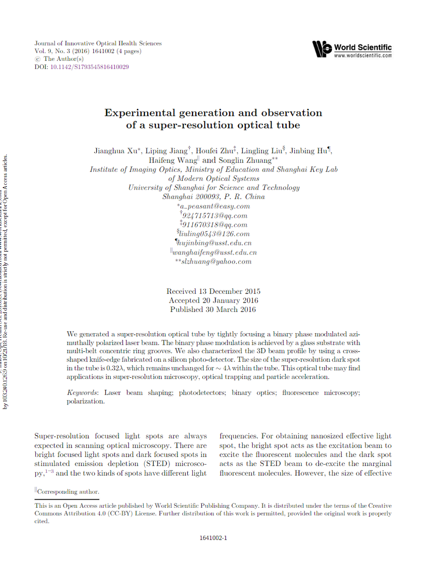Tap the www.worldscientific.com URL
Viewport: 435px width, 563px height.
(363, 55)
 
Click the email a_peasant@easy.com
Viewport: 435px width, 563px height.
(215, 206)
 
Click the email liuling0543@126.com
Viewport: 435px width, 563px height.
(214, 234)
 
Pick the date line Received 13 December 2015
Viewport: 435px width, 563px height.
(213, 291)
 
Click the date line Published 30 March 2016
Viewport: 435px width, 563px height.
(213, 310)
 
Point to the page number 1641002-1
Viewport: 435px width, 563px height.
(213, 538)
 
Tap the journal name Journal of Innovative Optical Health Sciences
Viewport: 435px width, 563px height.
(98, 43)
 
